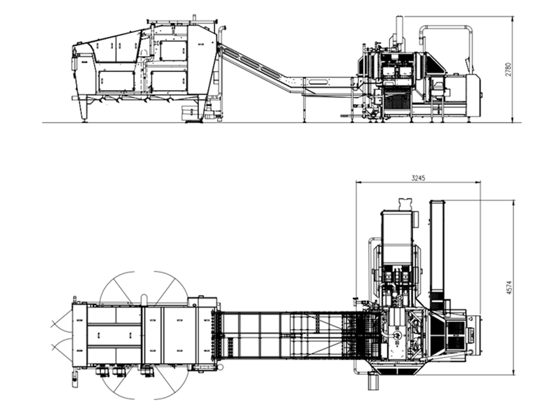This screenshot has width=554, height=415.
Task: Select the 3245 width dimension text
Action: click(x=418, y=178)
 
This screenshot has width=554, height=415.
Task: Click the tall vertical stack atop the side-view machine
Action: click(x=399, y=32)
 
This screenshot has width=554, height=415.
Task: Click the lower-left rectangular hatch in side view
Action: click(x=116, y=81)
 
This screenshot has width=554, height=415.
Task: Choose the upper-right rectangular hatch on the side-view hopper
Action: click(x=173, y=50)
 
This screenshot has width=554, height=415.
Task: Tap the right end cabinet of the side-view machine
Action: click(x=473, y=95)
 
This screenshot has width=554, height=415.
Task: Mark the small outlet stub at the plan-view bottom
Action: click(x=373, y=382)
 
